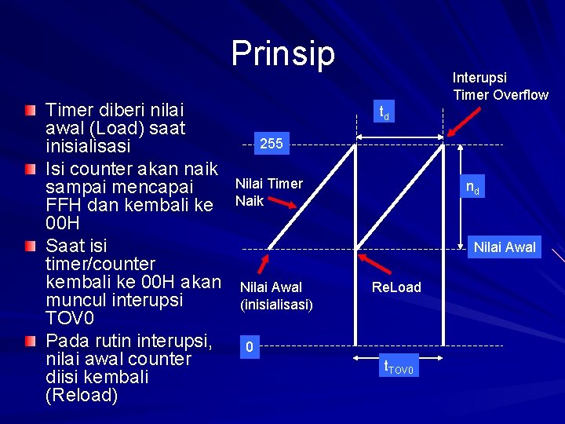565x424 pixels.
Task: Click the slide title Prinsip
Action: pyautogui.click(x=282, y=53)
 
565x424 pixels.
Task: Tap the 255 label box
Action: pyautogui.click(x=271, y=144)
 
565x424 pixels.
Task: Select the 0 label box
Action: pyautogui.click(x=249, y=347)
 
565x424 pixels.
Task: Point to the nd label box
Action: pyautogui.click(x=473, y=188)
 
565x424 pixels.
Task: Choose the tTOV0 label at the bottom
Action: pyautogui.click(x=399, y=366)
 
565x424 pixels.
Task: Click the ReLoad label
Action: pyautogui.click(x=396, y=287)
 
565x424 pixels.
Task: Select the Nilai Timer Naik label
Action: pyautogui.click(x=268, y=192)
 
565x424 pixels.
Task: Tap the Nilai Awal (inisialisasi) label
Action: pyautogui.click(x=275, y=295)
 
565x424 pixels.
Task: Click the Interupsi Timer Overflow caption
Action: pyautogui.click(x=500, y=86)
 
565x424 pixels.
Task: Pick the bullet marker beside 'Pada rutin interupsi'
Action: pyautogui.click(x=29, y=342)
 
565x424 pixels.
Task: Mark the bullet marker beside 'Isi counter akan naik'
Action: pyautogui.click(x=29, y=168)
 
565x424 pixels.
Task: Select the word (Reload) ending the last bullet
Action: pyautogui.click(x=82, y=395)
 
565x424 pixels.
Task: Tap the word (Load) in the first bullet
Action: pyautogui.click(x=111, y=127)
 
